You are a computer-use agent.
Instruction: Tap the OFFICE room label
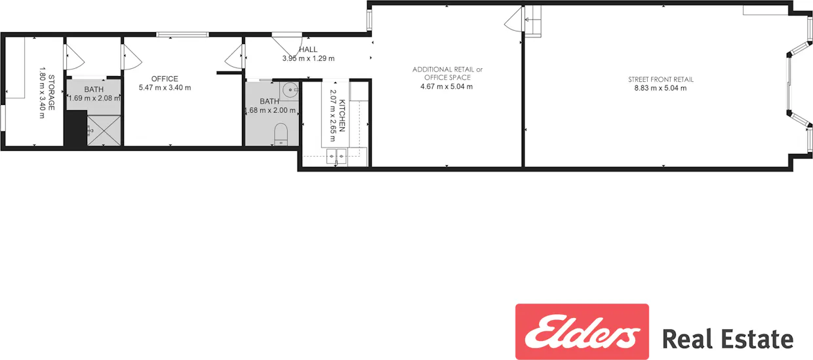(x=165, y=79)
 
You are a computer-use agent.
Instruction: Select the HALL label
(x=308, y=49)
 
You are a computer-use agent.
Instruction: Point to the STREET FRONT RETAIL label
(x=660, y=79)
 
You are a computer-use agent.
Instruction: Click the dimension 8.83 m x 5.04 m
(x=660, y=88)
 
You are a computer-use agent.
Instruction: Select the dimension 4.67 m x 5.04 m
(x=446, y=86)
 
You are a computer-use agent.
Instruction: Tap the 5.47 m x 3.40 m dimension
(x=165, y=87)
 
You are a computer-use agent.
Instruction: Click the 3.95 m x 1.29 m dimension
(x=308, y=58)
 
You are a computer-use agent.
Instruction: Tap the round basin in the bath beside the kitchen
(x=290, y=90)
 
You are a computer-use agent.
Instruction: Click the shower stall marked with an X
(x=104, y=130)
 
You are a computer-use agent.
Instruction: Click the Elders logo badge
(x=582, y=331)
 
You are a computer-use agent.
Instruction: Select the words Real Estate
(x=727, y=339)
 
